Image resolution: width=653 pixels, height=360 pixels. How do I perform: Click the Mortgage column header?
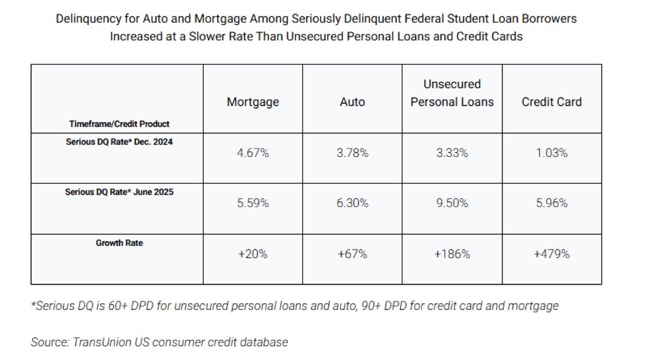click(x=252, y=102)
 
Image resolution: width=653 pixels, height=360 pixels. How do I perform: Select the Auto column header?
click(x=352, y=102)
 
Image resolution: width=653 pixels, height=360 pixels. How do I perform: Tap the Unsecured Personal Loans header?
click(x=452, y=93)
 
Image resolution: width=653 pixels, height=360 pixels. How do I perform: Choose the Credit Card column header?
click(x=551, y=102)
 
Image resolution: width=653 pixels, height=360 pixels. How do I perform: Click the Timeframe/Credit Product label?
click(x=120, y=124)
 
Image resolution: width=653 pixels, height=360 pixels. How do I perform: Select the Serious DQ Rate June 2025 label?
click(x=116, y=192)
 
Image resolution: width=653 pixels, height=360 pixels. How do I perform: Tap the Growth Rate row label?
click(x=119, y=243)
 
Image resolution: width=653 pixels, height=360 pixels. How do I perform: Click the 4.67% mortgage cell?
click(x=252, y=153)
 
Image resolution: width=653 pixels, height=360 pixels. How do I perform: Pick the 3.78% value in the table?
click(x=352, y=153)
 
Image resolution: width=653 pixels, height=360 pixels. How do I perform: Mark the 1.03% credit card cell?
click(x=552, y=153)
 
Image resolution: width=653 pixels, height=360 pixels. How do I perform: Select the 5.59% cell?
click(x=252, y=203)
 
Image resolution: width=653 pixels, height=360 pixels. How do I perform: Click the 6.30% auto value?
click(x=352, y=203)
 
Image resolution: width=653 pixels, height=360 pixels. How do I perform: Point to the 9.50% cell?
click(x=452, y=203)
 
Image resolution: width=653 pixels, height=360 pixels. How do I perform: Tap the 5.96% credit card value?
click(x=552, y=203)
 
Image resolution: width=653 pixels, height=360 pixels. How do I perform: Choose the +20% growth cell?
click(x=252, y=254)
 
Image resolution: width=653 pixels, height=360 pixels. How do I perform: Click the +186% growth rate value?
click(x=452, y=254)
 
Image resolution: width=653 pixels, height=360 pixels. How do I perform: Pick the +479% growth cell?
click(x=552, y=254)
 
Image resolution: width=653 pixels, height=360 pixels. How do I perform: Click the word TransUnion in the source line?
click(x=100, y=342)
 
